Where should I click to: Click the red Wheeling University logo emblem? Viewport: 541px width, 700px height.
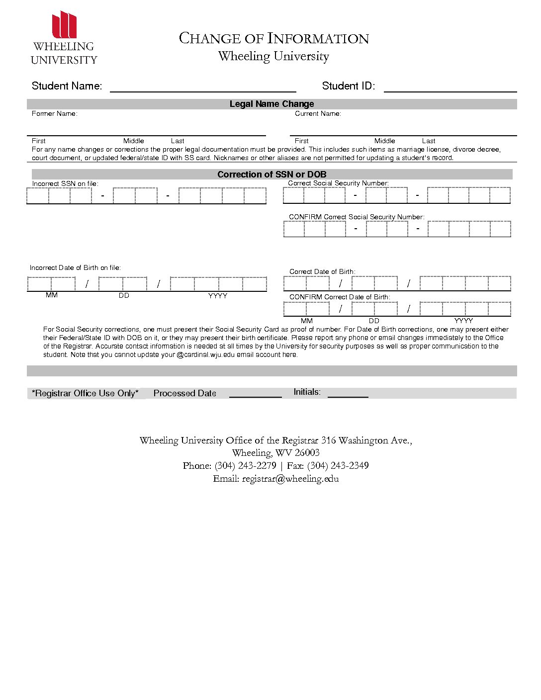(x=65, y=25)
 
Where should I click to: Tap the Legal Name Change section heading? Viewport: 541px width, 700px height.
(x=271, y=104)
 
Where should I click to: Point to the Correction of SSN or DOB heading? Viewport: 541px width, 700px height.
(x=271, y=175)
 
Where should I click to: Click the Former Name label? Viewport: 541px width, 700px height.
(x=55, y=114)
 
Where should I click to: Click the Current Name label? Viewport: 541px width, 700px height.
(x=318, y=114)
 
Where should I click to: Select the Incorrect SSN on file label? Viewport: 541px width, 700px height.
(x=65, y=183)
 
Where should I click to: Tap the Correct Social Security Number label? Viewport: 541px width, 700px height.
(x=338, y=183)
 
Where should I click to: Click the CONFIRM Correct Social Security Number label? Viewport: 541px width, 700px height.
(x=357, y=217)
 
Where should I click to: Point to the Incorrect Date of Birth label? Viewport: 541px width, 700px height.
(x=75, y=267)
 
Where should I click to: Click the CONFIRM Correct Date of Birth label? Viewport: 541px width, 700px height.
(x=340, y=297)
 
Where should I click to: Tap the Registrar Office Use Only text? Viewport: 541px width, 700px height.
(x=85, y=393)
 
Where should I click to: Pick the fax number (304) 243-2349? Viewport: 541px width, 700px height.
(x=338, y=466)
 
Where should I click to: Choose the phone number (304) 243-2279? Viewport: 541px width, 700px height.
(x=245, y=466)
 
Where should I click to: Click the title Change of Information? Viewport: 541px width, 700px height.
(x=273, y=38)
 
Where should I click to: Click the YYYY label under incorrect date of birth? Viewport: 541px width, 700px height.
(x=217, y=296)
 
